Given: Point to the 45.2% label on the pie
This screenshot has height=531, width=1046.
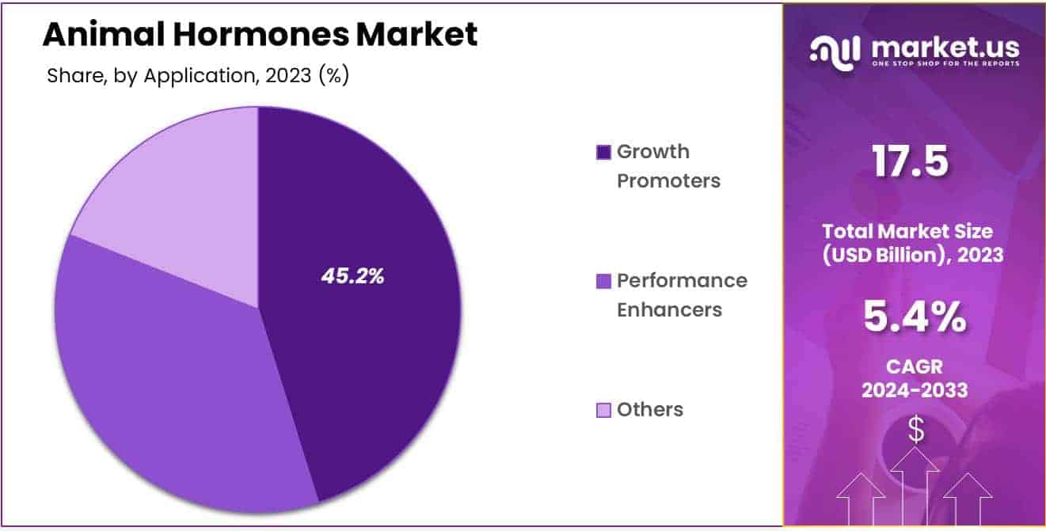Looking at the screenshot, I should tap(352, 276).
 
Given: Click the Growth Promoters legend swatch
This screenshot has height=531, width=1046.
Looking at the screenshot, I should tap(603, 152).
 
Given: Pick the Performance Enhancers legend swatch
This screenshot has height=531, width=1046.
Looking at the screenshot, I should tap(603, 281).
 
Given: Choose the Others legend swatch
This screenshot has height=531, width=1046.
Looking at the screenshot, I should tap(603, 410).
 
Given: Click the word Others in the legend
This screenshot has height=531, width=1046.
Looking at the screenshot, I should tap(649, 410).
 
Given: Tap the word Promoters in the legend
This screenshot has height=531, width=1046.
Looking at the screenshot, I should tap(668, 181).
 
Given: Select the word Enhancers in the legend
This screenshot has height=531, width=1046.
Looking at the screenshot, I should tap(669, 309).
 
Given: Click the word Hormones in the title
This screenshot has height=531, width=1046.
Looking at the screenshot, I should tap(245, 34).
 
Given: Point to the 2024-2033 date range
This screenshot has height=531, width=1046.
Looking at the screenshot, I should tap(914, 389).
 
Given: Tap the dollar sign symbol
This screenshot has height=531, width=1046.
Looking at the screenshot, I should tap(915, 430).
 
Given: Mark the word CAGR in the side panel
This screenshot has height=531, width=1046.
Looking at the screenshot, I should tap(914, 367).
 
